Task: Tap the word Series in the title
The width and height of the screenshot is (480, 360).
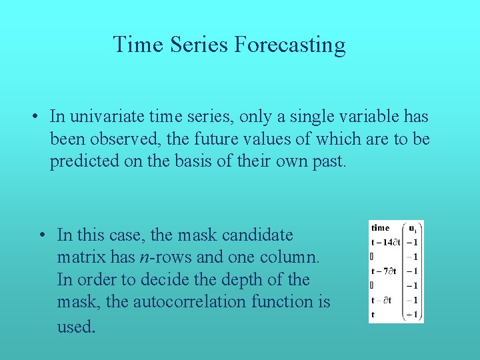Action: (197, 45)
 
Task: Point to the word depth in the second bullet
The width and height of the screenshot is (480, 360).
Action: (260, 279)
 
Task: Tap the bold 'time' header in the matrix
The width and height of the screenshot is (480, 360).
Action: (381, 228)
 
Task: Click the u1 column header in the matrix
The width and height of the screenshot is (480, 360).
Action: (413, 228)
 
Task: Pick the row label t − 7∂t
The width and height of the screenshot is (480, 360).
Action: (384, 271)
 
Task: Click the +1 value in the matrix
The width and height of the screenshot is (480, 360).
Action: (413, 314)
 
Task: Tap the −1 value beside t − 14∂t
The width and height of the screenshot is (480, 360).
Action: (413, 243)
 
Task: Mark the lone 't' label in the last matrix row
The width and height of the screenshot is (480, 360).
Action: (373, 314)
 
